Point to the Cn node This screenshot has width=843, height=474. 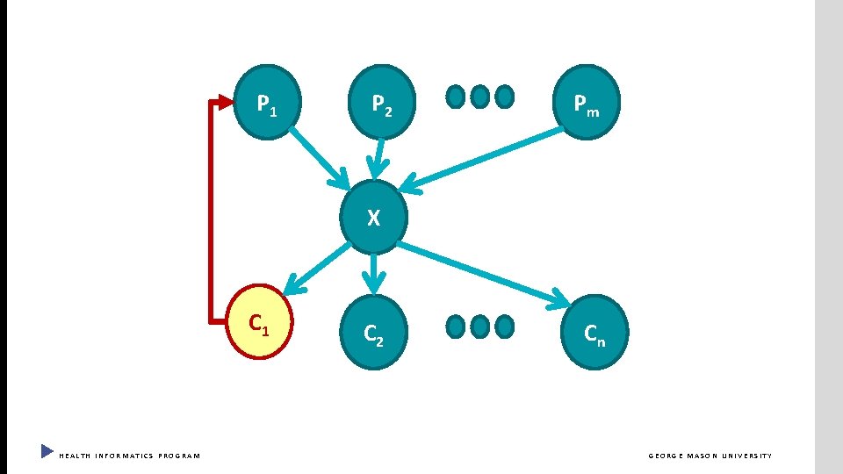[x=594, y=331]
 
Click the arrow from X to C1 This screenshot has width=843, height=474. [x=316, y=268]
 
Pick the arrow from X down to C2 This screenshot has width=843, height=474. [x=375, y=272]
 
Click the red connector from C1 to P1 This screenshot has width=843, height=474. [x=211, y=211]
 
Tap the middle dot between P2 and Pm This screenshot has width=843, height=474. [x=479, y=97]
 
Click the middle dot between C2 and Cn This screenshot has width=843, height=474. [x=479, y=327]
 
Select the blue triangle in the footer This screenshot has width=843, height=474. [x=47, y=452]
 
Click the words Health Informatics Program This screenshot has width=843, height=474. [x=129, y=456]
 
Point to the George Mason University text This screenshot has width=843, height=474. [x=710, y=456]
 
